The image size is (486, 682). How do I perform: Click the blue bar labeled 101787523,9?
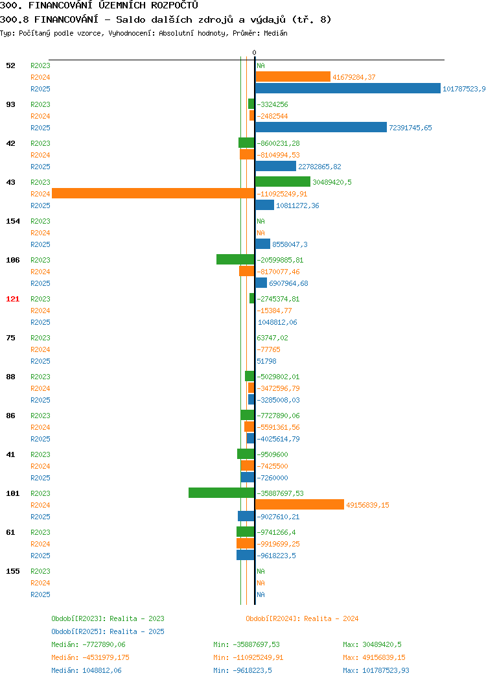click(x=348, y=88)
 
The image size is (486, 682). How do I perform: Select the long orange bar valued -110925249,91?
click(x=153, y=193)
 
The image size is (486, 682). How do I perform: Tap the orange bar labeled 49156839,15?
click(x=299, y=504)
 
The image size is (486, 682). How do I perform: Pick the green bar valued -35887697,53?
click(x=221, y=493)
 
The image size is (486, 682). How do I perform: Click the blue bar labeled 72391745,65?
click(x=321, y=127)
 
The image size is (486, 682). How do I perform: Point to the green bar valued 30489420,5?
click(x=283, y=182)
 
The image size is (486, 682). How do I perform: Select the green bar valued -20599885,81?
click(x=235, y=259)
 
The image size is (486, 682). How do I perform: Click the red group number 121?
click(x=12, y=299)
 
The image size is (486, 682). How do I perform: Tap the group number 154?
click(x=12, y=221)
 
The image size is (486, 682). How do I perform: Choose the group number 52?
click(x=10, y=65)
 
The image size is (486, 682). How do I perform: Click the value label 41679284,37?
click(x=354, y=77)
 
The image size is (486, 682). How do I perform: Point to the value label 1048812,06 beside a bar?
click(x=277, y=322)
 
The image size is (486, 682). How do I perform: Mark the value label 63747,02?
click(x=272, y=338)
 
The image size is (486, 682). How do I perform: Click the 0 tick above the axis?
click(x=254, y=53)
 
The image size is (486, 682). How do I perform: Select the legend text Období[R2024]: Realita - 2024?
click(x=302, y=618)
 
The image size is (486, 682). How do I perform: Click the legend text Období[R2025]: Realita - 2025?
click(x=108, y=631)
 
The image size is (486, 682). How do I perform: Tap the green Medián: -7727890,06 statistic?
click(x=88, y=644)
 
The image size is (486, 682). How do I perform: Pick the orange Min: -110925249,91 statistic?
click(x=248, y=657)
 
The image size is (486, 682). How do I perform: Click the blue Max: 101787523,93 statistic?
click(x=376, y=671)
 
